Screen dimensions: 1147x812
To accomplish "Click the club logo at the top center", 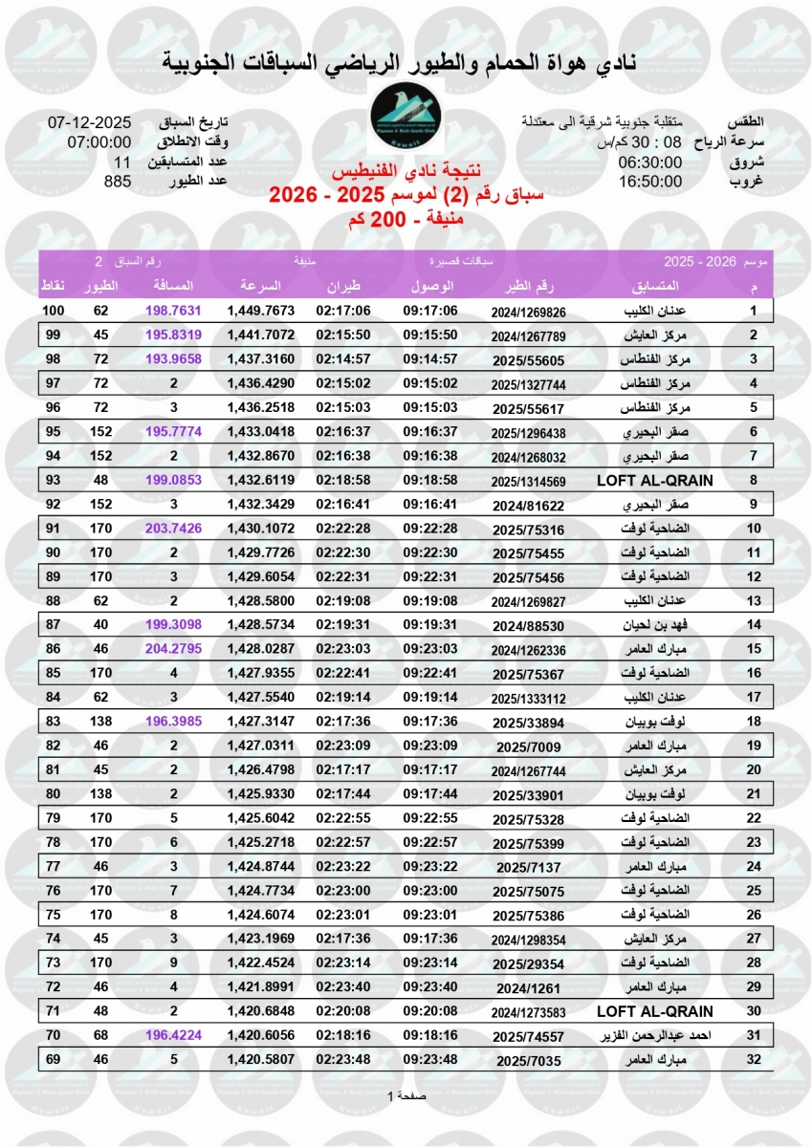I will click(406, 122).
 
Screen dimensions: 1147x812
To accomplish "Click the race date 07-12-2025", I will click(89, 123).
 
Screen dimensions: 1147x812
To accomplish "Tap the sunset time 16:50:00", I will click(649, 181).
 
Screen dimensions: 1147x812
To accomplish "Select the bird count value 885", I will click(117, 181).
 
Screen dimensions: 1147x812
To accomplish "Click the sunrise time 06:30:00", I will click(649, 162).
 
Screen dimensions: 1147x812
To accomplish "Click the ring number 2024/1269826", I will click(529, 312).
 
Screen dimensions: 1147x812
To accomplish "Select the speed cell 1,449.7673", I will click(260, 312).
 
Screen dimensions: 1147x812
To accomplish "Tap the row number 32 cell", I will click(753, 1060).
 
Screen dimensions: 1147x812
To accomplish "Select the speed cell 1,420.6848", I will click(260, 1010).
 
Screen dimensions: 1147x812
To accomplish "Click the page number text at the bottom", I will click(406, 1095).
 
